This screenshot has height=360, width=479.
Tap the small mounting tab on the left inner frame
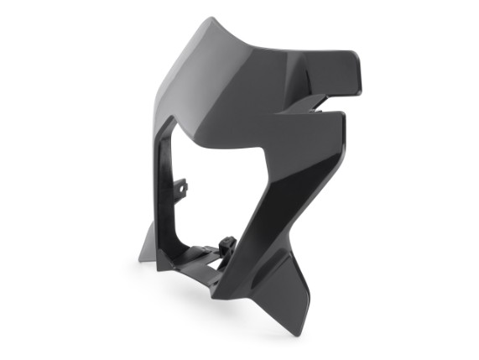coord(183,187)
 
